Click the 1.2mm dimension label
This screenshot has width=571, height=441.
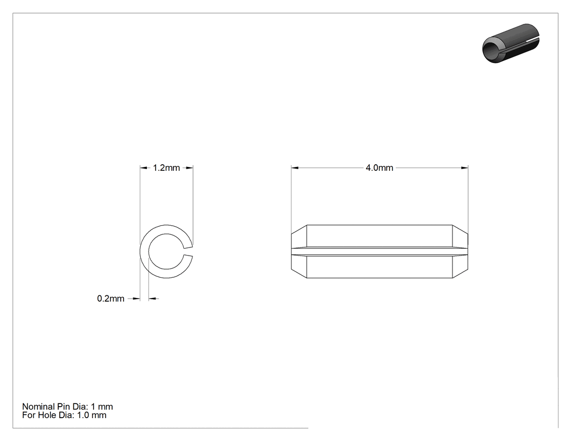click(x=166, y=168)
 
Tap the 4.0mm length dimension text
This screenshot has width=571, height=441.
click(x=380, y=168)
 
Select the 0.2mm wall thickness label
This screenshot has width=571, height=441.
click(x=111, y=299)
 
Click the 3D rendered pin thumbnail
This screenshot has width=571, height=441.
click(x=511, y=43)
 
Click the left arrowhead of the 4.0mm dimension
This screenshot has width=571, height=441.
click(x=295, y=168)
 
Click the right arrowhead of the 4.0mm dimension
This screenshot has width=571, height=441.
click(x=464, y=168)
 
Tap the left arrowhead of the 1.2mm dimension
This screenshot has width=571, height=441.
click(x=144, y=168)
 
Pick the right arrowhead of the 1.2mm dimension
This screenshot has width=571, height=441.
click(x=189, y=168)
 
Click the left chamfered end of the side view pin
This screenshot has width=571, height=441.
click(x=299, y=252)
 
